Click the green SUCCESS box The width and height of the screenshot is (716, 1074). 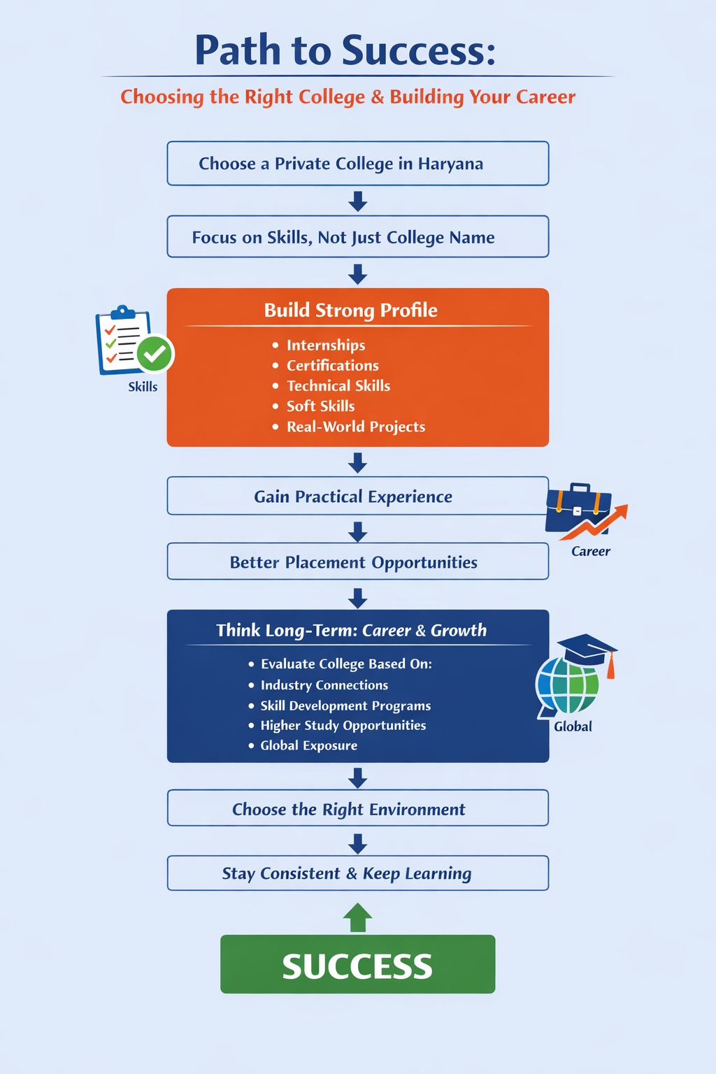pyautogui.click(x=357, y=964)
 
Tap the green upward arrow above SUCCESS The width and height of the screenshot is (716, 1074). pyautogui.click(x=357, y=917)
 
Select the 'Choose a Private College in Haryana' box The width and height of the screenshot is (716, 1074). pyautogui.click(x=357, y=164)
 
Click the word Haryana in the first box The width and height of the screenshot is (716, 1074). pyautogui.click(x=450, y=164)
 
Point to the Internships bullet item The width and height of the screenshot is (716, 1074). pyautogui.click(x=325, y=345)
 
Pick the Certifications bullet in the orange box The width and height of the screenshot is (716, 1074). pyautogui.click(x=332, y=366)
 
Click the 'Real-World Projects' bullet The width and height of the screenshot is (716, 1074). pyautogui.click(x=355, y=427)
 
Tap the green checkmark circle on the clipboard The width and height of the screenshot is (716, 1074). pyautogui.click(x=155, y=354)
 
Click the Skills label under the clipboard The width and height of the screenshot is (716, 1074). pyautogui.click(x=143, y=387)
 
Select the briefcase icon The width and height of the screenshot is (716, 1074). pyautogui.click(x=578, y=508)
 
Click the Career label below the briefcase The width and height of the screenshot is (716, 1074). pyautogui.click(x=590, y=552)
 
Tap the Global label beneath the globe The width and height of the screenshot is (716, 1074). pyautogui.click(x=573, y=726)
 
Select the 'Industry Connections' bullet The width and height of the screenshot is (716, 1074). pyautogui.click(x=324, y=685)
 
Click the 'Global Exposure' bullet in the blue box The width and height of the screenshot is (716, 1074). pyautogui.click(x=308, y=745)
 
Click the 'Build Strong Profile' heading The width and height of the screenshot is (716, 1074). pyautogui.click(x=350, y=310)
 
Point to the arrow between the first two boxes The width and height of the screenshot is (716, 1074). pyautogui.click(x=357, y=201)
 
